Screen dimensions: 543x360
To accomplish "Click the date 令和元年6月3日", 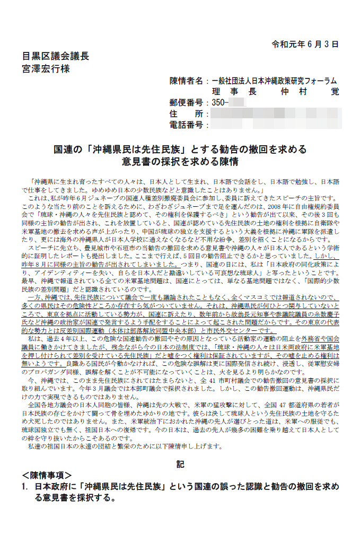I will click(304, 44).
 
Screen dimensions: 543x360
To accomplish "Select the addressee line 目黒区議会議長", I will click(55, 56).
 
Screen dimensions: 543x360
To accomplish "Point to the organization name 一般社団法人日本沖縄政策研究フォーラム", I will click(274, 81).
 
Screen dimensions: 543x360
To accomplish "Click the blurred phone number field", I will click(275, 125).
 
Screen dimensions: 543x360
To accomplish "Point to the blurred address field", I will click(275, 114).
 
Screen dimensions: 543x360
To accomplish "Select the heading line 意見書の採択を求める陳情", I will click(180, 161).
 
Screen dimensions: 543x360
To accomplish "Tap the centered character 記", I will click(180, 464).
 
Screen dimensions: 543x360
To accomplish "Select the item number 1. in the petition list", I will click(24, 487).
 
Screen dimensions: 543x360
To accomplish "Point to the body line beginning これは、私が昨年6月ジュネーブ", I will click(180, 198).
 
